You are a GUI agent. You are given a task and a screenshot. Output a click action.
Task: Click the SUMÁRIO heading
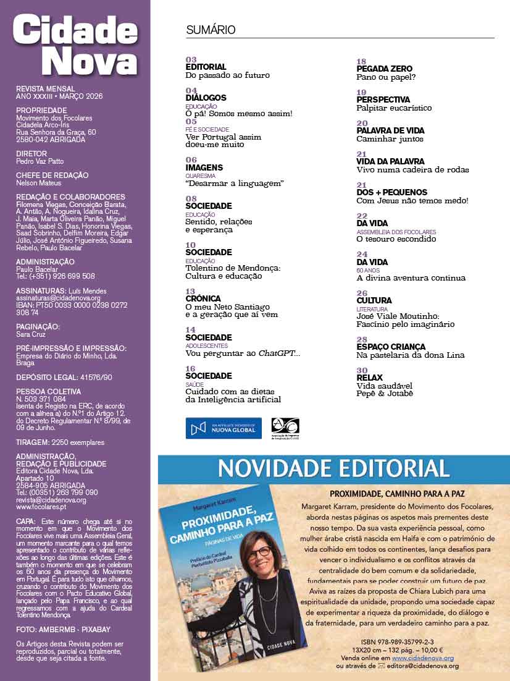[x=211, y=30]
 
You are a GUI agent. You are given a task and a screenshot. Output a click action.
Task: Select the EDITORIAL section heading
[x=206, y=67]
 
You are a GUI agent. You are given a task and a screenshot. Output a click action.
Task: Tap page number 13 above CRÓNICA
[x=190, y=291]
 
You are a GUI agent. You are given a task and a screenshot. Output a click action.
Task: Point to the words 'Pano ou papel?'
[x=386, y=77]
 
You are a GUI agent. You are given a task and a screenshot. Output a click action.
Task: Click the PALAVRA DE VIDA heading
[x=390, y=131]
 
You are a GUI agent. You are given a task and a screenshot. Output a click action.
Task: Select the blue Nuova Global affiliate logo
[x=224, y=428]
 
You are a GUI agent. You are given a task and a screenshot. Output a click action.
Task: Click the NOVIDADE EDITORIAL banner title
[x=333, y=468]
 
